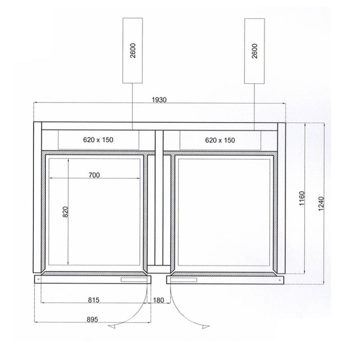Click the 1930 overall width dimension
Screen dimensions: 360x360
click(159, 100)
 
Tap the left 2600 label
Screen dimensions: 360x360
click(133, 50)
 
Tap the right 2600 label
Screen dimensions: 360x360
click(255, 51)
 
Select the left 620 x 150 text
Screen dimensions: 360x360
click(98, 139)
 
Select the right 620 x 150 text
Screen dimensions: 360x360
click(220, 140)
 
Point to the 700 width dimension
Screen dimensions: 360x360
click(94, 175)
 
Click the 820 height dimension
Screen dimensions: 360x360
click(66, 212)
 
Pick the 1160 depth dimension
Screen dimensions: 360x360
click(302, 198)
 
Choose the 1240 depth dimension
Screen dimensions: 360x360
click(321, 204)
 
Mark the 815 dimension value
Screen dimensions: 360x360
click(94, 300)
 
